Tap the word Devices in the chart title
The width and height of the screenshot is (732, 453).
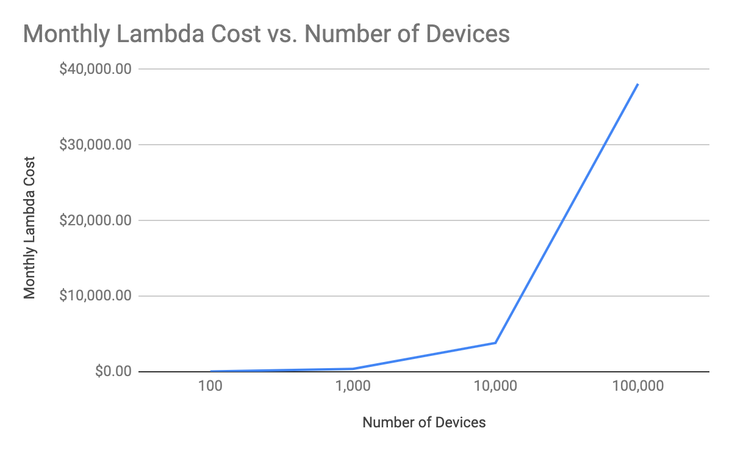tap(468, 34)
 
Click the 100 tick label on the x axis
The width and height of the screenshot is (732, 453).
tap(210, 388)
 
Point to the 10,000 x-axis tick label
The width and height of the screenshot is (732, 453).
tap(495, 388)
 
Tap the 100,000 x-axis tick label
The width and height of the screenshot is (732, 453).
tap(638, 388)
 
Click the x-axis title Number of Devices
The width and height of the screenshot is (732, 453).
tap(424, 422)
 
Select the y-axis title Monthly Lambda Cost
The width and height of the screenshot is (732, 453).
tap(29, 228)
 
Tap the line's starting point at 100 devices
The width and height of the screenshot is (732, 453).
tap(211, 371)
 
